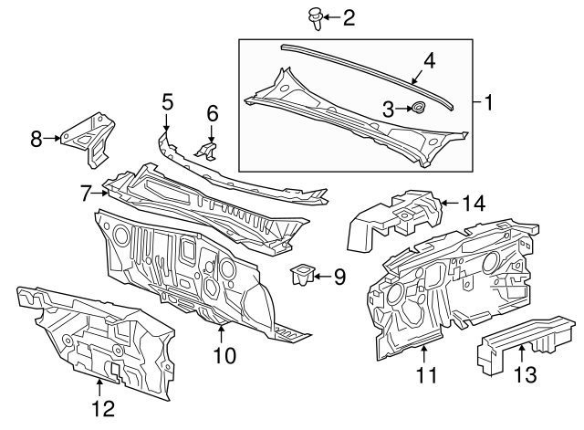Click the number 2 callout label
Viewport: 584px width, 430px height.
pyautogui.click(x=348, y=17)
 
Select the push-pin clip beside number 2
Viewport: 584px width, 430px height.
pyautogui.click(x=316, y=16)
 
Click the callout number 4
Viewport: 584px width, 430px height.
pyautogui.click(x=429, y=61)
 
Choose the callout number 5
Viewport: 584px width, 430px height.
pyautogui.click(x=167, y=101)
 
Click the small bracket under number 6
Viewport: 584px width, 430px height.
pyautogui.click(x=209, y=150)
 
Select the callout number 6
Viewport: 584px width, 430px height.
pyautogui.click(x=213, y=112)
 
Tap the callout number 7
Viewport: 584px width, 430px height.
pyautogui.click(x=86, y=193)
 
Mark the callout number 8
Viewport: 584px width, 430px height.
pyautogui.click(x=36, y=139)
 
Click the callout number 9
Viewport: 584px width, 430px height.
pyautogui.click(x=339, y=275)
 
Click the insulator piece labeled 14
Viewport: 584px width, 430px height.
pyautogui.click(x=392, y=216)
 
